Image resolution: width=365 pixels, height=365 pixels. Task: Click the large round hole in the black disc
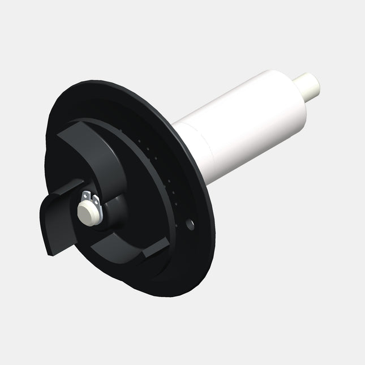pyautogui.click(x=190, y=225)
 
